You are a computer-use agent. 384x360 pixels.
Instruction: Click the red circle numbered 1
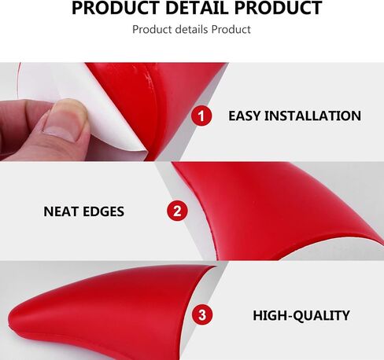(x=201, y=116)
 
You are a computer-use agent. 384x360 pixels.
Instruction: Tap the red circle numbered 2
(x=177, y=211)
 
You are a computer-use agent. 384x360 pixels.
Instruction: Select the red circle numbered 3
(x=202, y=314)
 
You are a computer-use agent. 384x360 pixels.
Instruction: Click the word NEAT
(x=61, y=211)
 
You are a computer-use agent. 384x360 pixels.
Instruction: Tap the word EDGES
(x=104, y=211)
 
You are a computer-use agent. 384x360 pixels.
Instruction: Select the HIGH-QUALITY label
(x=301, y=315)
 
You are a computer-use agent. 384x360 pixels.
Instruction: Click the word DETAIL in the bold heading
(x=198, y=8)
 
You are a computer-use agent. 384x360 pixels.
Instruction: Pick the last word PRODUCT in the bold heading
(x=278, y=8)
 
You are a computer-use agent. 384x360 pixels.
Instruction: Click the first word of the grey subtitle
(x=152, y=29)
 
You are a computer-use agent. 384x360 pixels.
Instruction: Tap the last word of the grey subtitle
(x=231, y=29)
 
